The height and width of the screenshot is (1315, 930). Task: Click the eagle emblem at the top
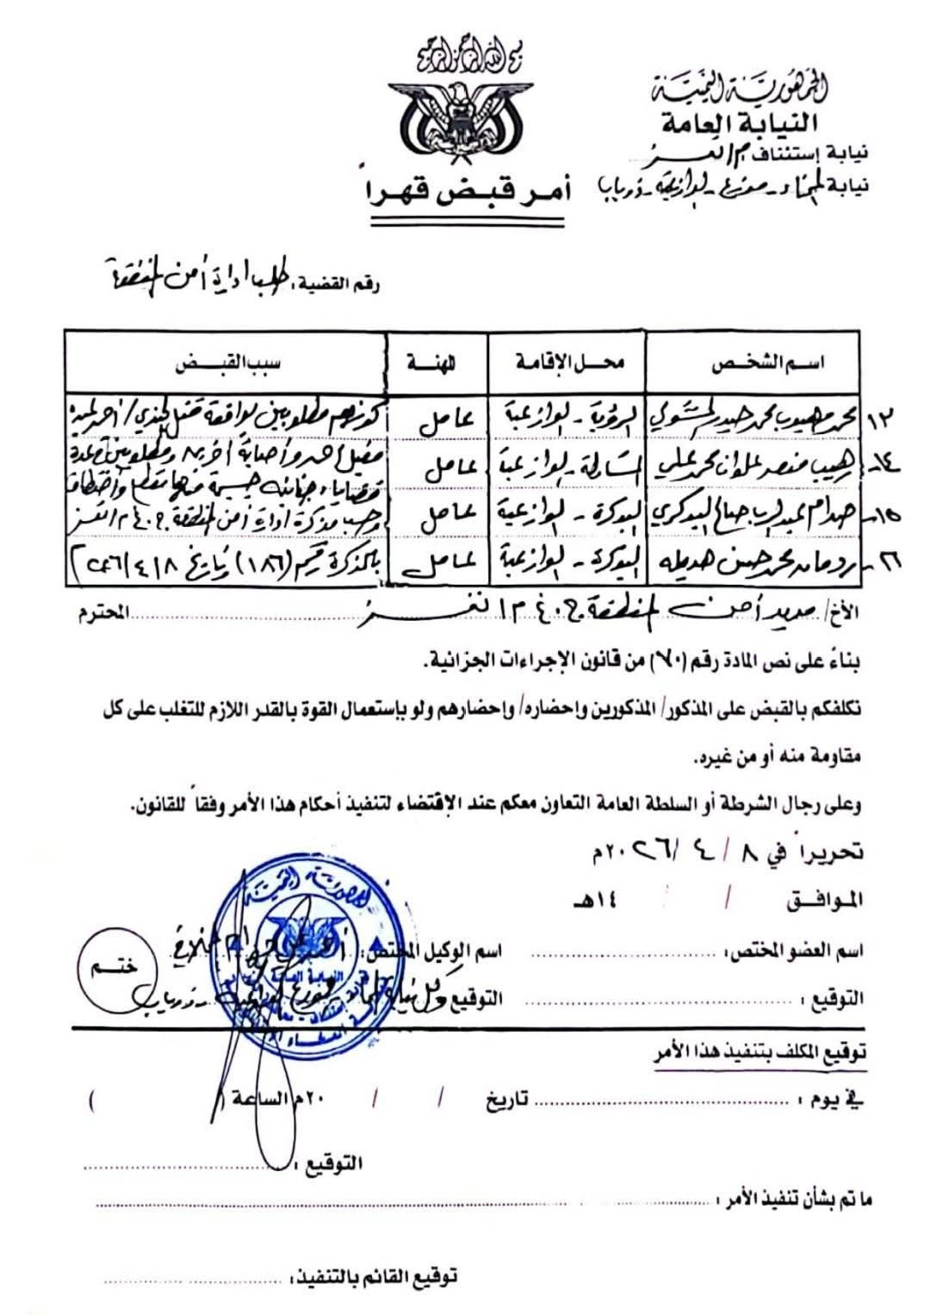tap(449, 120)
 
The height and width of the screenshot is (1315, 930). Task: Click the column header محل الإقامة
tap(568, 364)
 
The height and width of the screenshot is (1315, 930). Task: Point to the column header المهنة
tap(437, 364)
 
